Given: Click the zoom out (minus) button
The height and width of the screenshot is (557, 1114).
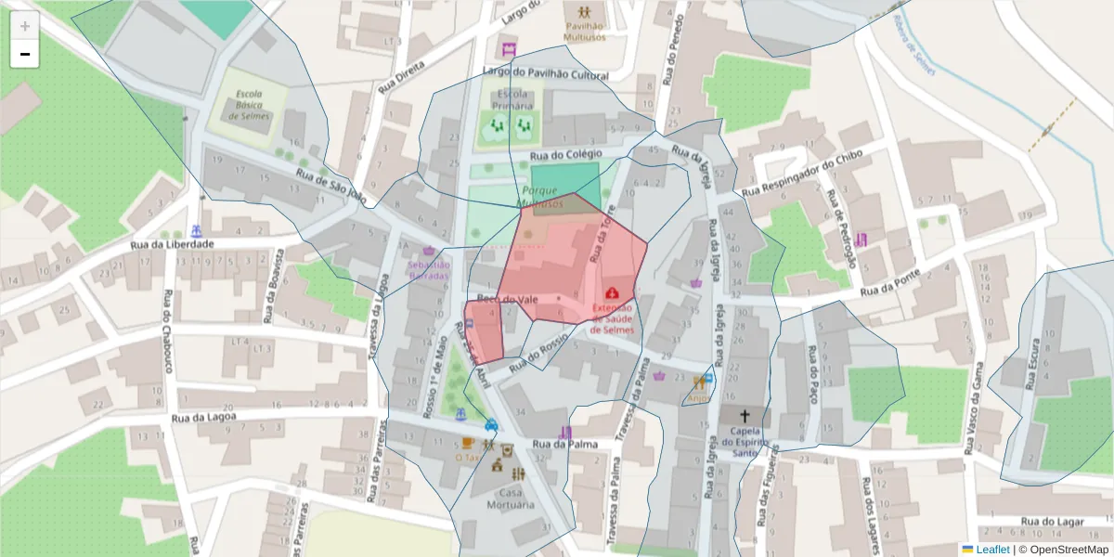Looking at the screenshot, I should click(25, 54).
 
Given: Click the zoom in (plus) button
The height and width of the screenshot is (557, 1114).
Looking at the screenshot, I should click(25, 26).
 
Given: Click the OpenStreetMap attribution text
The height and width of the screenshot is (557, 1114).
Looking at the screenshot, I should click(1063, 550).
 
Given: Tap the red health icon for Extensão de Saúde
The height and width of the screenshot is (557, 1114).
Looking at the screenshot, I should click(612, 292).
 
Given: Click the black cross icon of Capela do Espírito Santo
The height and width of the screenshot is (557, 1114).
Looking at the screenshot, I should click(745, 416).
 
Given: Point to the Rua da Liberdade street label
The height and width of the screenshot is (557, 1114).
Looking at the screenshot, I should click(173, 245).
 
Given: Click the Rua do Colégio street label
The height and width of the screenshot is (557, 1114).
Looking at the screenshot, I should click(566, 154).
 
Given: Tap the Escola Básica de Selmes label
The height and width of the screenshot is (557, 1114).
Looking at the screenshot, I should click(253, 105).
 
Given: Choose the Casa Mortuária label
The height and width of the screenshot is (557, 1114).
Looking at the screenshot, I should click(510, 499).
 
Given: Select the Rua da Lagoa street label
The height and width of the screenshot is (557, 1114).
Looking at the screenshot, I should click(205, 419).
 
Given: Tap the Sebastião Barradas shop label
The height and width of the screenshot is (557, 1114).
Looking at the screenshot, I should click(427, 270).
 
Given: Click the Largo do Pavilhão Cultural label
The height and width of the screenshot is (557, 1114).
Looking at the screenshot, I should click(559, 72).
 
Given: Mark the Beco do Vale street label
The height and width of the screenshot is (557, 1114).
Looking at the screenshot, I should click(508, 299).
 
